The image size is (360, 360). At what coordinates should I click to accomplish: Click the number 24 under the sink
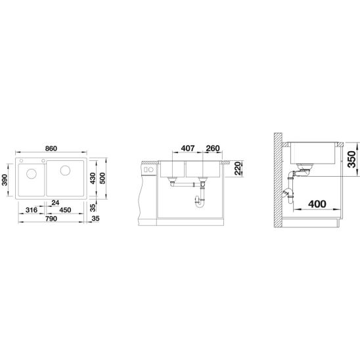(x=56, y=203)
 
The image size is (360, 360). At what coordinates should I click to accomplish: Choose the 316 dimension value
(x=30, y=211)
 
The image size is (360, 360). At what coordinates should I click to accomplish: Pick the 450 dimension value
(x=66, y=211)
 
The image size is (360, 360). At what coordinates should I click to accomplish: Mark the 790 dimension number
(x=51, y=219)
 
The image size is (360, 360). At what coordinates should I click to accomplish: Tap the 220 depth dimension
(x=238, y=169)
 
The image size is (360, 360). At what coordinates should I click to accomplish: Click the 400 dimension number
(x=315, y=205)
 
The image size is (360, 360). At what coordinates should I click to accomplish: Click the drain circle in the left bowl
(x=31, y=174)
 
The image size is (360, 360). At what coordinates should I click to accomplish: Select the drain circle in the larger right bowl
(x=65, y=171)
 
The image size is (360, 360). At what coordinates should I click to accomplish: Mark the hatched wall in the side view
(x=279, y=184)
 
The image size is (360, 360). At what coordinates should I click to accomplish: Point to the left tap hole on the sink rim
(x=21, y=161)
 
